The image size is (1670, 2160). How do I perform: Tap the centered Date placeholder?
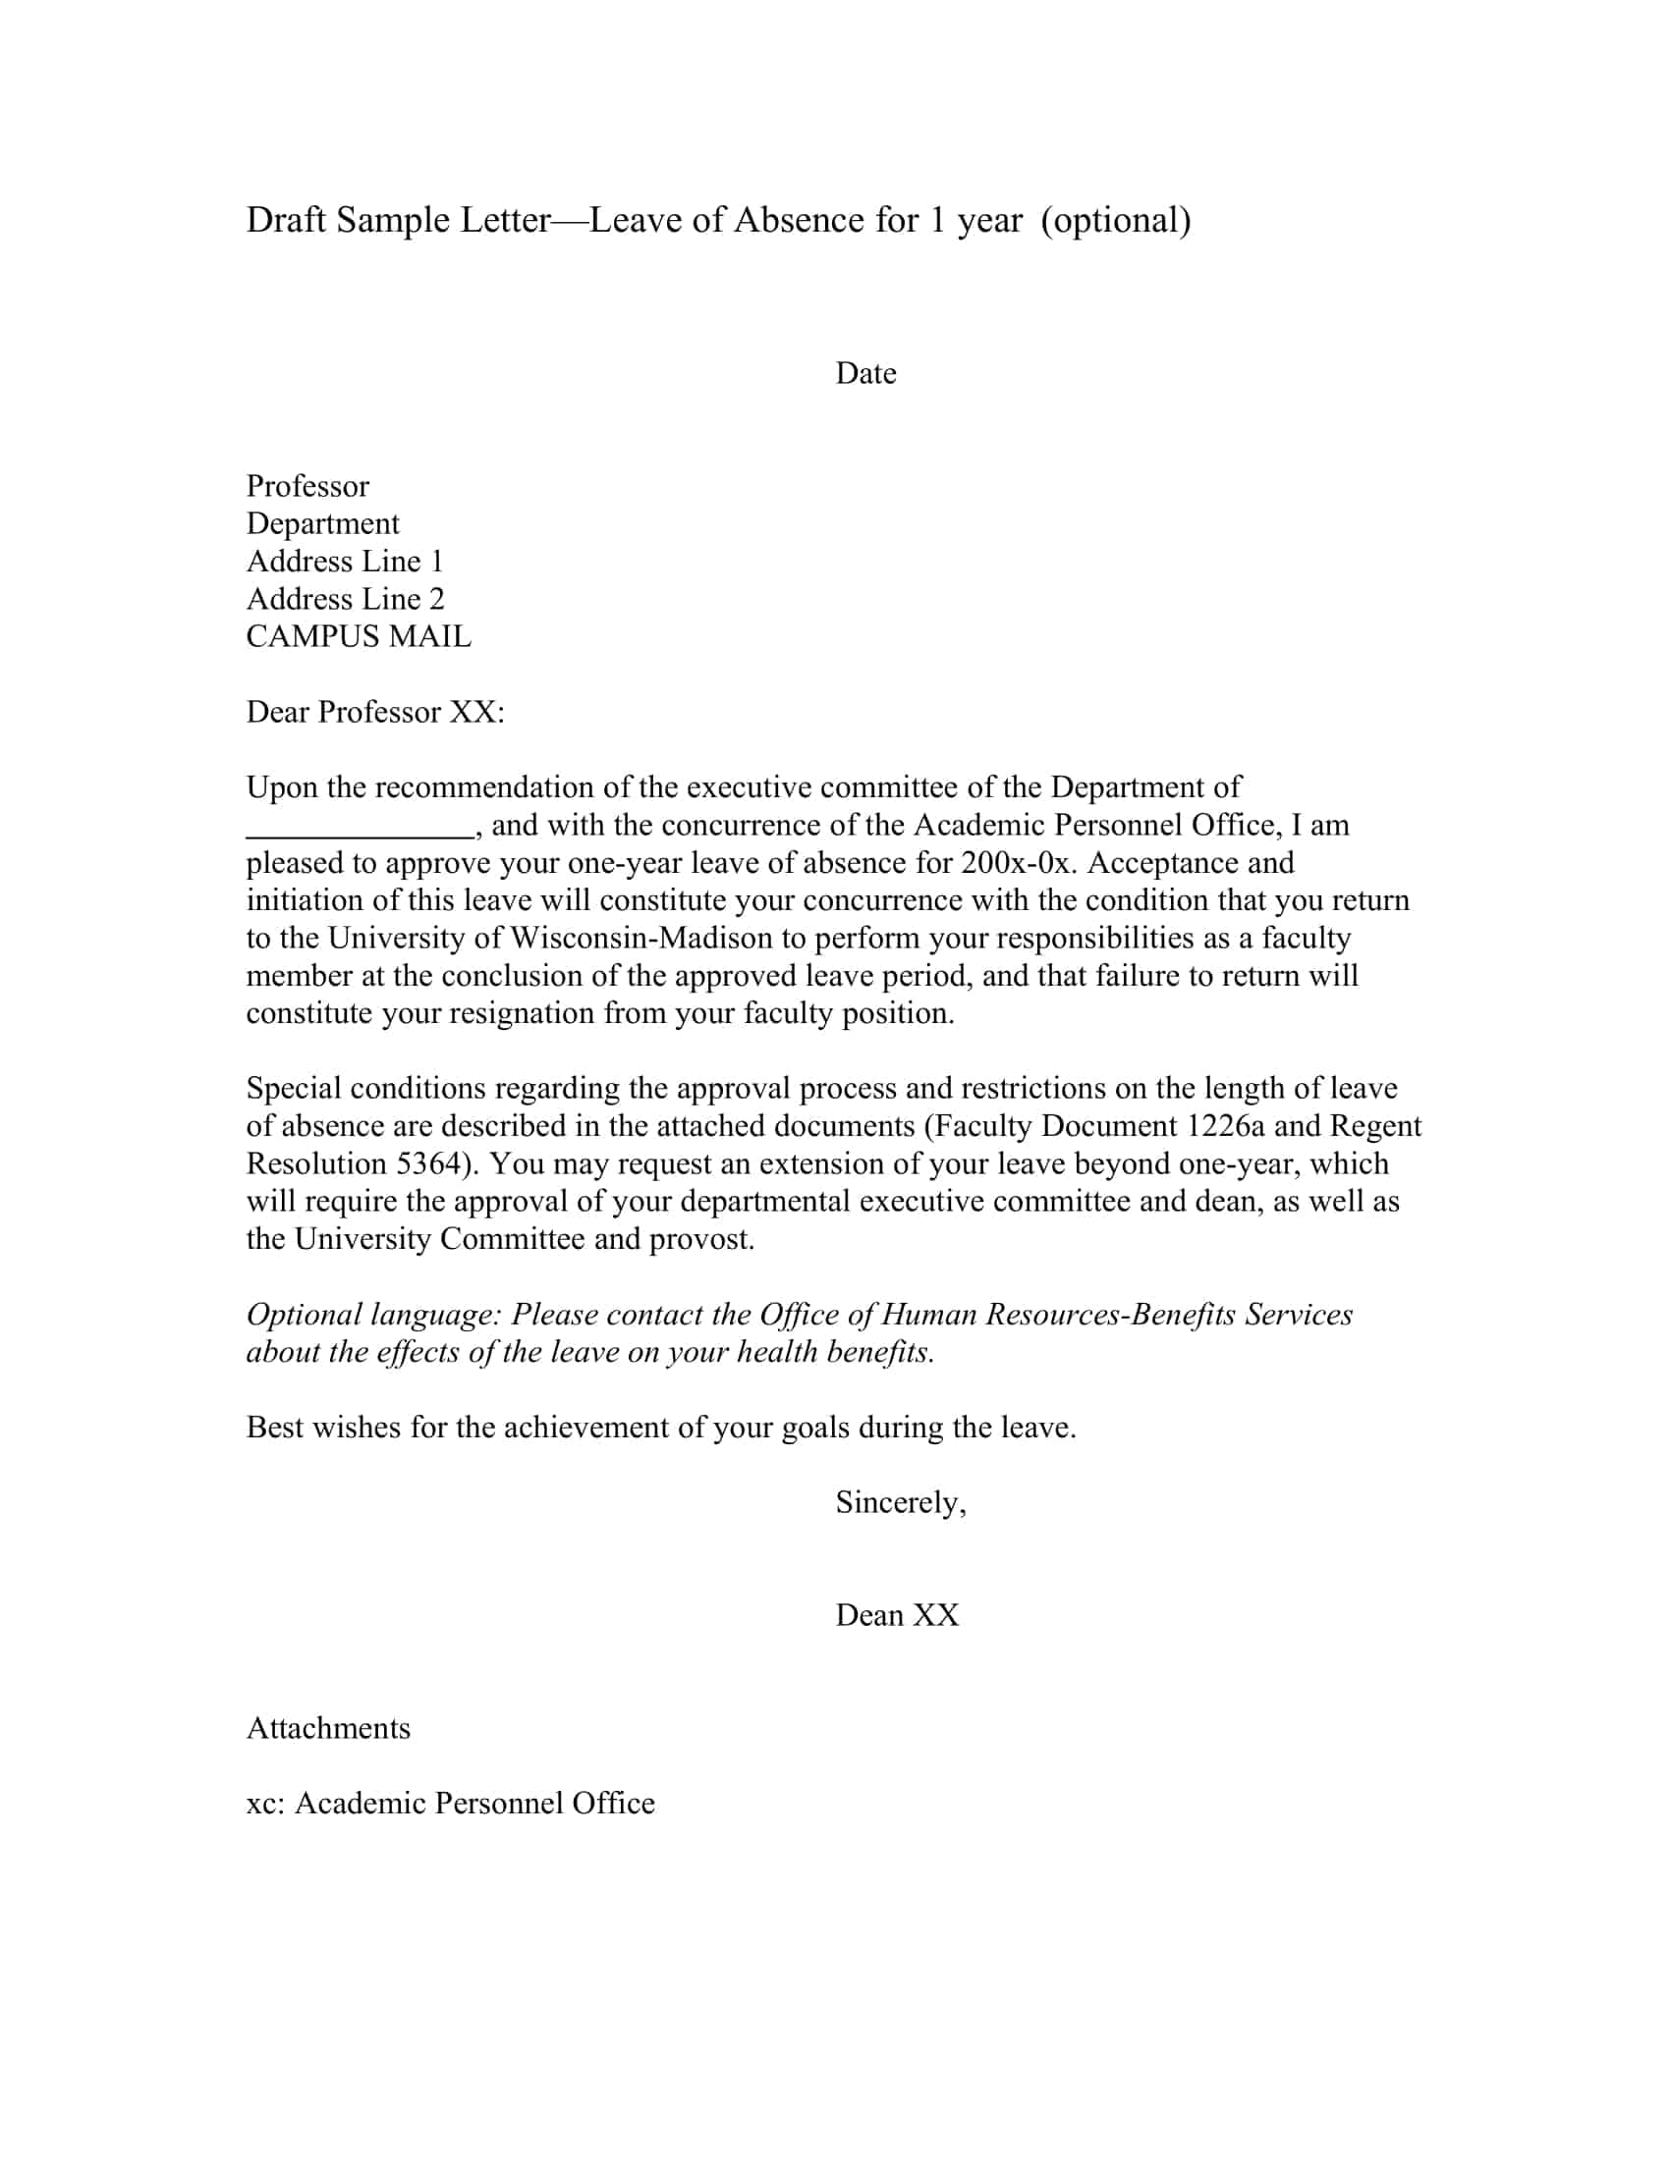[x=865, y=374]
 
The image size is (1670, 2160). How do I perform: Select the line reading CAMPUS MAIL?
[x=359, y=637]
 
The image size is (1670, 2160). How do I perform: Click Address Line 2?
[x=345, y=599]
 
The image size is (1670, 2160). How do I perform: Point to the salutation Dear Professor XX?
[x=375, y=712]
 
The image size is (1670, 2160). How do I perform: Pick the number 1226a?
[x=1225, y=1126]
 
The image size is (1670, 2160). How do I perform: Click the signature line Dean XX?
[x=896, y=1616]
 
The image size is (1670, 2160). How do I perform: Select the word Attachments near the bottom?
[x=327, y=1729]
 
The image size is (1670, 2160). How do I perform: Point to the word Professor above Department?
[x=306, y=487]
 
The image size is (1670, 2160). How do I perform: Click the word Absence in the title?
[x=800, y=221]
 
